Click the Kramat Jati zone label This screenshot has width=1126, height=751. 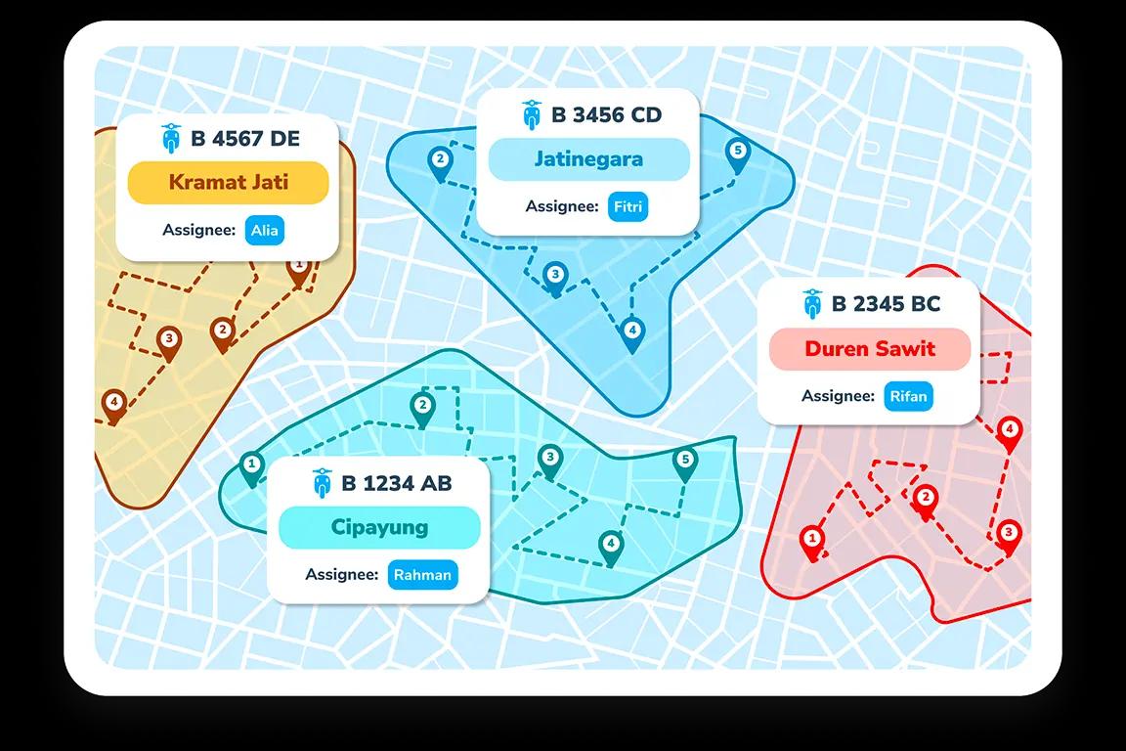pyautogui.click(x=228, y=182)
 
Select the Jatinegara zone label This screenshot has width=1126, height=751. pyautogui.click(x=588, y=158)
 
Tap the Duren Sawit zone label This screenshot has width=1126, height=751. pyautogui.click(x=870, y=349)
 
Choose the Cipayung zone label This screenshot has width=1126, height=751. pyautogui.click(x=379, y=527)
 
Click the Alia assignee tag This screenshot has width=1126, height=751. pyautogui.click(x=264, y=231)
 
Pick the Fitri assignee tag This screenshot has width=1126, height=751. pyautogui.click(x=628, y=207)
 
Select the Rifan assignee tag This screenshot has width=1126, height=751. pyautogui.click(x=909, y=396)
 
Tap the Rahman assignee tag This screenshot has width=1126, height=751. pyautogui.click(x=422, y=574)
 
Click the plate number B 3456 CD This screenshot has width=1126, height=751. pyautogui.click(x=606, y=115)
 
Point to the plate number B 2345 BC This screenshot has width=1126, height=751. pyautogui.click(x=886, y=304)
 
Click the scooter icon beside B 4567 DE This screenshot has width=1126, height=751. pyautogui.click(x=171, y=138)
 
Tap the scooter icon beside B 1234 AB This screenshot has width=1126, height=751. pyautogui.click(x=322, y=483)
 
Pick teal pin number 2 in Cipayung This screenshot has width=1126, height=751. pyautogui.click(x=422, y=408)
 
